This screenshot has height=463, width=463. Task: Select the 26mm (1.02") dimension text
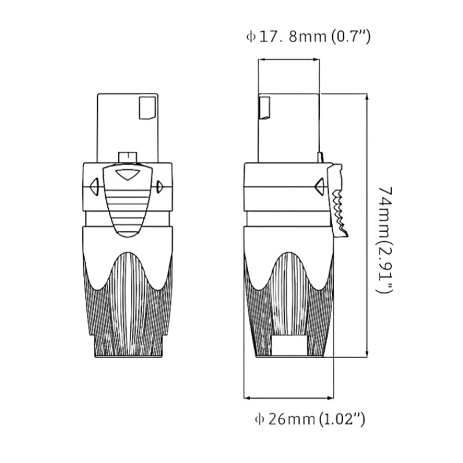tap(313, 418)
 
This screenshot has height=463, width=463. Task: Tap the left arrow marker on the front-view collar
tap(93, 186)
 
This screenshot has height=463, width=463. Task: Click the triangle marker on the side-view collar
tap(318, 186)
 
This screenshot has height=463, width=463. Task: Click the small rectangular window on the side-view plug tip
tap(263, 108)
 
